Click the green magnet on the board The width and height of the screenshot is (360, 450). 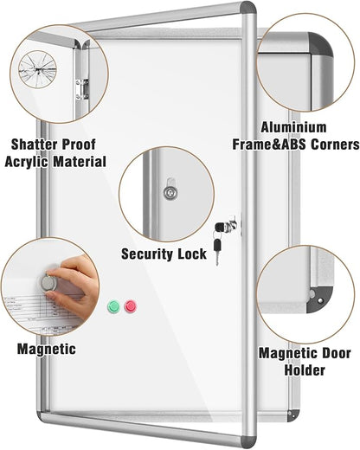(x=112, y=306)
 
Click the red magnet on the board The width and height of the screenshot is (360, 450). (x=131, y=306)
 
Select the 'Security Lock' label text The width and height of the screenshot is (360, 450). (x=164, y=254)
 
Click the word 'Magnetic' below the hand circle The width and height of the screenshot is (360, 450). (x=46, y=349)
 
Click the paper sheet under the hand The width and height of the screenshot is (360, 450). (x=26, y=312)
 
